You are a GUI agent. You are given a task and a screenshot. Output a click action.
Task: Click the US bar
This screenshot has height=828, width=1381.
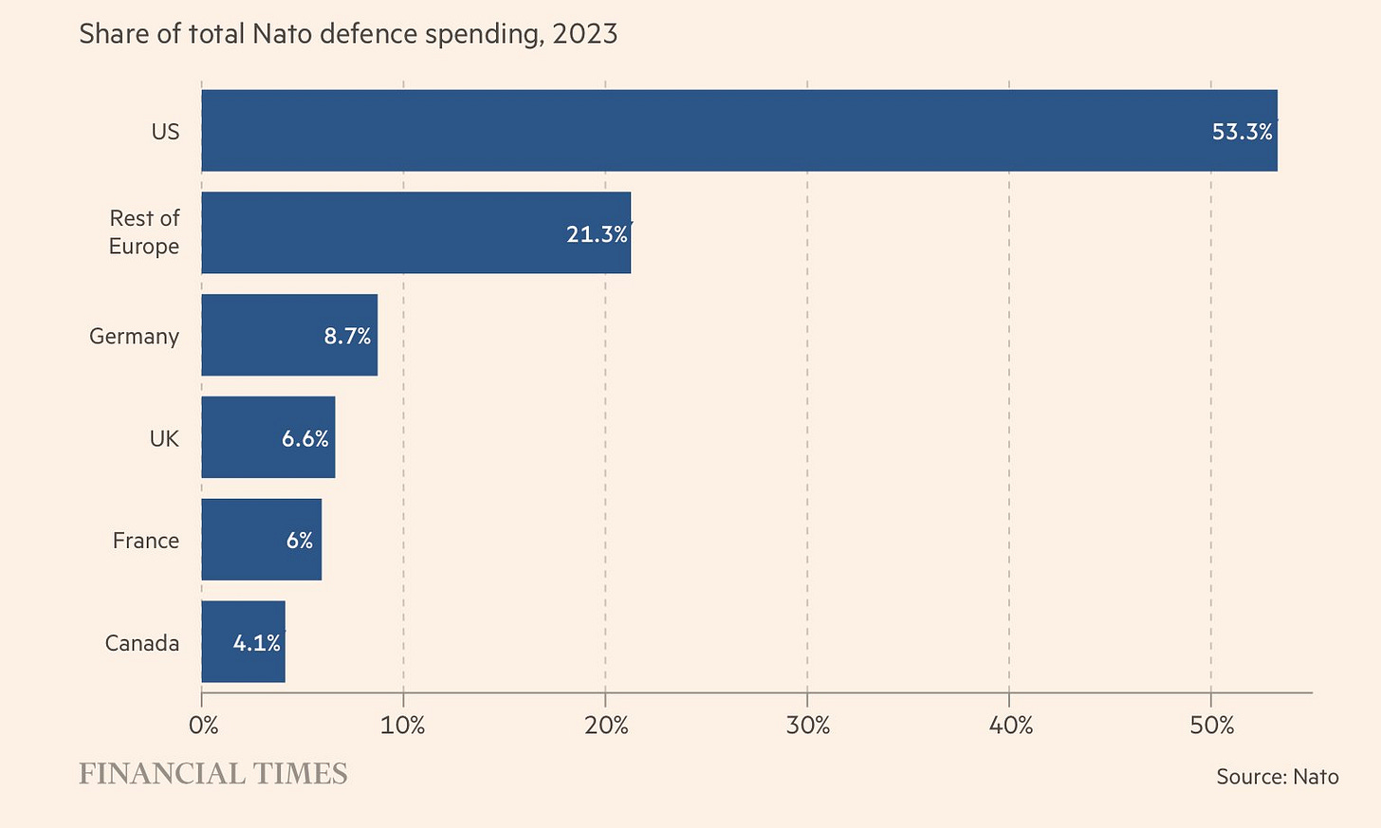click(x=739, y=131)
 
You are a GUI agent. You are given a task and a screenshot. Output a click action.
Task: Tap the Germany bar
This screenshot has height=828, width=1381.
click(x=289, y=335)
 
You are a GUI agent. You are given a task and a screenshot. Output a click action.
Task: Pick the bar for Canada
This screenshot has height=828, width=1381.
click(x=243, y=641)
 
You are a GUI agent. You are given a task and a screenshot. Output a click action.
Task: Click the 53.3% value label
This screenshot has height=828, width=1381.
click(x=1243, y=132)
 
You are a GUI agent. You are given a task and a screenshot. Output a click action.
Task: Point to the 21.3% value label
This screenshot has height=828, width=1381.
click(x=597, y=234)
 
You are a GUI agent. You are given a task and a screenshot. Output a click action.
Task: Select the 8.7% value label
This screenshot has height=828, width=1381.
click(x=347, y=336)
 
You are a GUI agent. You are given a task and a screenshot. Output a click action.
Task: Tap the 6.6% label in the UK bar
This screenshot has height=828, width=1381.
click(x=304, y=438)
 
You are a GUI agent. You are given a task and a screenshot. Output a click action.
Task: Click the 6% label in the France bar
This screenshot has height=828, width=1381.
click(x=299, y=541)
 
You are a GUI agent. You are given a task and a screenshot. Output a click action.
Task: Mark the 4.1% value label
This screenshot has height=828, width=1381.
click(x=256, y=643)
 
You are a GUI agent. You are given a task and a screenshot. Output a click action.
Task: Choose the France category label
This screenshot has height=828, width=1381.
click(x=146, y=541)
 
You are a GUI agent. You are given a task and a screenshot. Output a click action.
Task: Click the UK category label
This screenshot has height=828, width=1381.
click(x=164, y=438)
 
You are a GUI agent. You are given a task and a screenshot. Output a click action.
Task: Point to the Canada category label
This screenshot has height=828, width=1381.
click(x=142, y=643)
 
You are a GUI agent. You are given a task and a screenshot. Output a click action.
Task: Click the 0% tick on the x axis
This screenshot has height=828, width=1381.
click(x=203, y=726)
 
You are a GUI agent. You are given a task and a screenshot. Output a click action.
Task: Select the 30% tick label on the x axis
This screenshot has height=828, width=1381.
click(x=808, y=726)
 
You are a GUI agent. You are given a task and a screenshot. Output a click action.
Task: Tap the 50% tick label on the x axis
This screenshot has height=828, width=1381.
click(x=1211, y=726)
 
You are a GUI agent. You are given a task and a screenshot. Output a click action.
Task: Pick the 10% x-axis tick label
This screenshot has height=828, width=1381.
click(x=403, y=726)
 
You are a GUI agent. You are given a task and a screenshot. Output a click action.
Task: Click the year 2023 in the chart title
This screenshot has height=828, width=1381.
click(x=585, y=34)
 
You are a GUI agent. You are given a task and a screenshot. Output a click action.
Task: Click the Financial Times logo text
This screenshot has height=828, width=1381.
click(x=213, y=774)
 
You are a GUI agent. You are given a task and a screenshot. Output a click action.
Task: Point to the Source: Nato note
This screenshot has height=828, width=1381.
click(x=1278, y=777)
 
